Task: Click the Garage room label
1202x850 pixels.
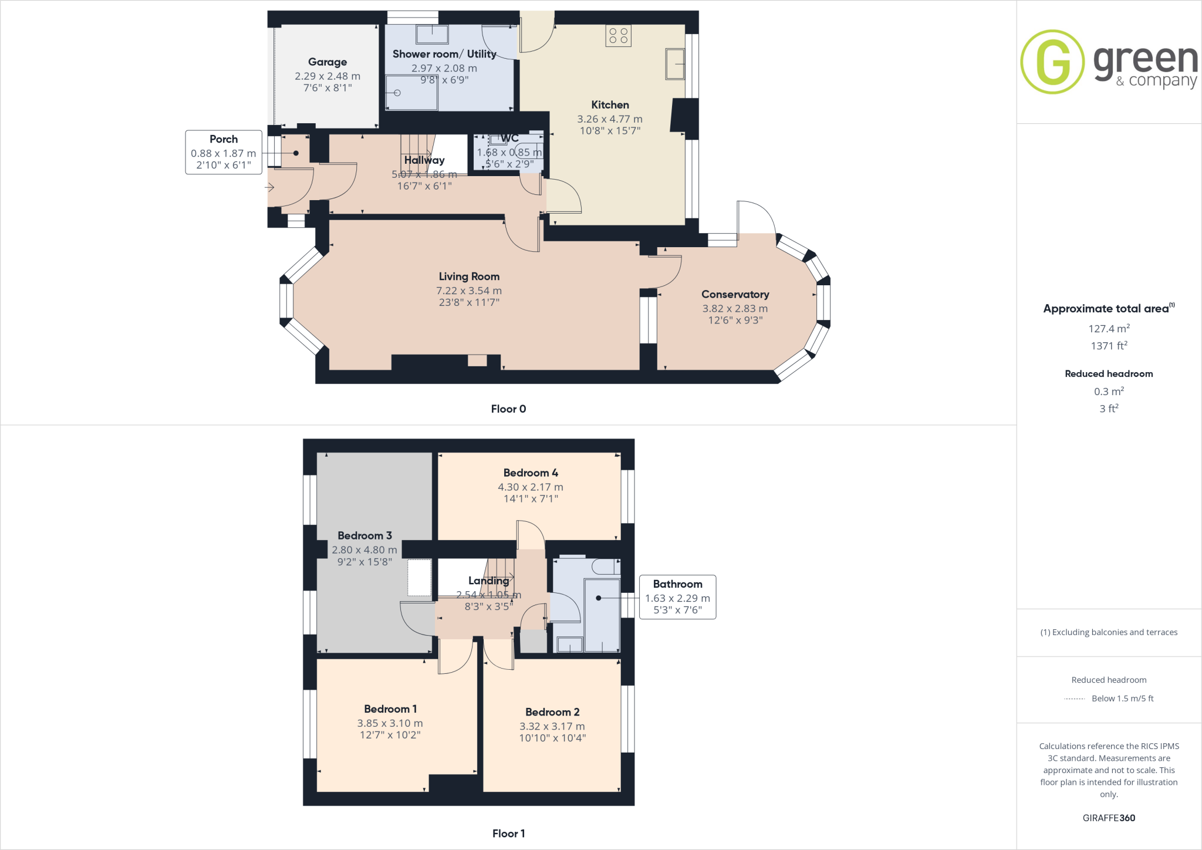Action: coord(327,62)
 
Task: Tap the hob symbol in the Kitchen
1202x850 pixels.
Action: coord(618,35)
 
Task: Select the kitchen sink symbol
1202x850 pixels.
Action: coord(675,64)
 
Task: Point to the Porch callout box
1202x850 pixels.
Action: coord(224,152)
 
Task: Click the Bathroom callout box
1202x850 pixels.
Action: coord(677,597)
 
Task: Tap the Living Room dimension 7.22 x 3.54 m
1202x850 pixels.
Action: coord(468,291)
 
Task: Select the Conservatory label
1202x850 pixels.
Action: coord(735,294)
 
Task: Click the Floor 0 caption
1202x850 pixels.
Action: coord(508,409)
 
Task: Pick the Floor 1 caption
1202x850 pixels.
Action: coord(508,834)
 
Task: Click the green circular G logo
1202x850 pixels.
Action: coord(1052,62)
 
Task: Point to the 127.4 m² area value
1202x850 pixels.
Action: coord(1109,329)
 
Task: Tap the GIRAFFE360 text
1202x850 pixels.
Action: coord(1109,818)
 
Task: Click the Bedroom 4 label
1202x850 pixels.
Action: coord(531,473)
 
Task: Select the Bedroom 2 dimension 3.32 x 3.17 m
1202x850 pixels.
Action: coord(552,726)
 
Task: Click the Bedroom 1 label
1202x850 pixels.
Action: coord(390,709)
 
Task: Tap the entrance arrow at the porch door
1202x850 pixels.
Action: coord(269,188)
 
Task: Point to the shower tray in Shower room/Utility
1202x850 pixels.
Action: coord(411,92)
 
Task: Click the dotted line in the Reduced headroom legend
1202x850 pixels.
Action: coord(1074,699)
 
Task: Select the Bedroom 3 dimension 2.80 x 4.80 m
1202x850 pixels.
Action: coord(364,550)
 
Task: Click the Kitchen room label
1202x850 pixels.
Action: coord(610,104)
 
